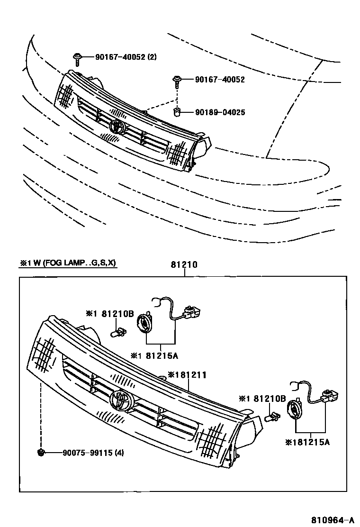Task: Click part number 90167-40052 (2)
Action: (x=126, y=57)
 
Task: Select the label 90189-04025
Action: (x=220, y=113)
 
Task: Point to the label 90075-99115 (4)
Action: (x=93, y=453)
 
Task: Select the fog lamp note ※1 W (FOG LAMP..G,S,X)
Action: (x=68, y=263)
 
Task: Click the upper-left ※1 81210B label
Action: (x=110, y=313)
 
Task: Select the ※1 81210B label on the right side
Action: (x=262, y=399)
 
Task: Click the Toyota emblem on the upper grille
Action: (x=117, y=127)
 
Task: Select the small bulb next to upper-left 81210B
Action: (x=119, y=332)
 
